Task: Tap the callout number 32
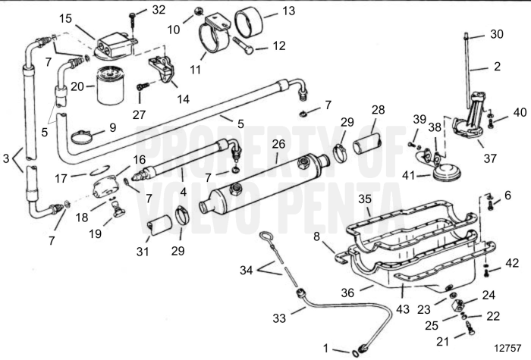coord(158,10)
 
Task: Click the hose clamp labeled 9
coord(86,137)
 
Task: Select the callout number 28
coord(379,111)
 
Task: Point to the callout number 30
coord(496,34)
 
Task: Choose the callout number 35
coord(365,199)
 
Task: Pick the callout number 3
coord(7,159)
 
